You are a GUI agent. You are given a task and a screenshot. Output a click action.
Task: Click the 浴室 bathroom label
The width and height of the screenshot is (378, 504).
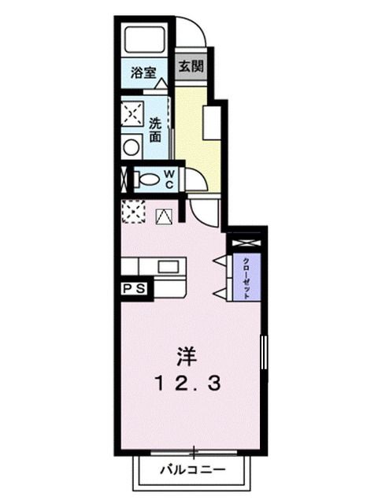click(143, 72)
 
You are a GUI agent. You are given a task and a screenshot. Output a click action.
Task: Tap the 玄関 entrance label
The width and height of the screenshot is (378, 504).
click(190, 67)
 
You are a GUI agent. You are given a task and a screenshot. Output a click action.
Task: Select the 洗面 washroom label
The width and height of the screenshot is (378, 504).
click(155, 129)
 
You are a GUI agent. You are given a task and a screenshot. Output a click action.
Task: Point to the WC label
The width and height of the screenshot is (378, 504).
click(168, 179)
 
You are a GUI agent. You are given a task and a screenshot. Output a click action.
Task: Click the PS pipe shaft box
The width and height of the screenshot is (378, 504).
click(133, 289)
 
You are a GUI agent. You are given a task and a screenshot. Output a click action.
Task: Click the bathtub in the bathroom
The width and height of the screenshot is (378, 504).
click(144, 40)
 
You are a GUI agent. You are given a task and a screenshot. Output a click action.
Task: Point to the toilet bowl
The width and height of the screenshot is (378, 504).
click(143, 179)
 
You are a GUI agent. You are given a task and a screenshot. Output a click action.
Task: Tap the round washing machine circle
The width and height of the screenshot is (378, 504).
click(132, 146)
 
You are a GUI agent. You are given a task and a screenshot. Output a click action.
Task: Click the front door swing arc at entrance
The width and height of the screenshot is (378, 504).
click(192, 33)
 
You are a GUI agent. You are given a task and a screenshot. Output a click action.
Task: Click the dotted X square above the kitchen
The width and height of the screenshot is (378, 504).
click(132, 212)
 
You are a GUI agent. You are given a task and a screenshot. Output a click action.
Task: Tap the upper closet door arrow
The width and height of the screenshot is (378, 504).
click(220, 260)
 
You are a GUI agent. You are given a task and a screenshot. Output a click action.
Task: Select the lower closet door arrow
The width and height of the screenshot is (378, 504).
click(220, 293)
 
